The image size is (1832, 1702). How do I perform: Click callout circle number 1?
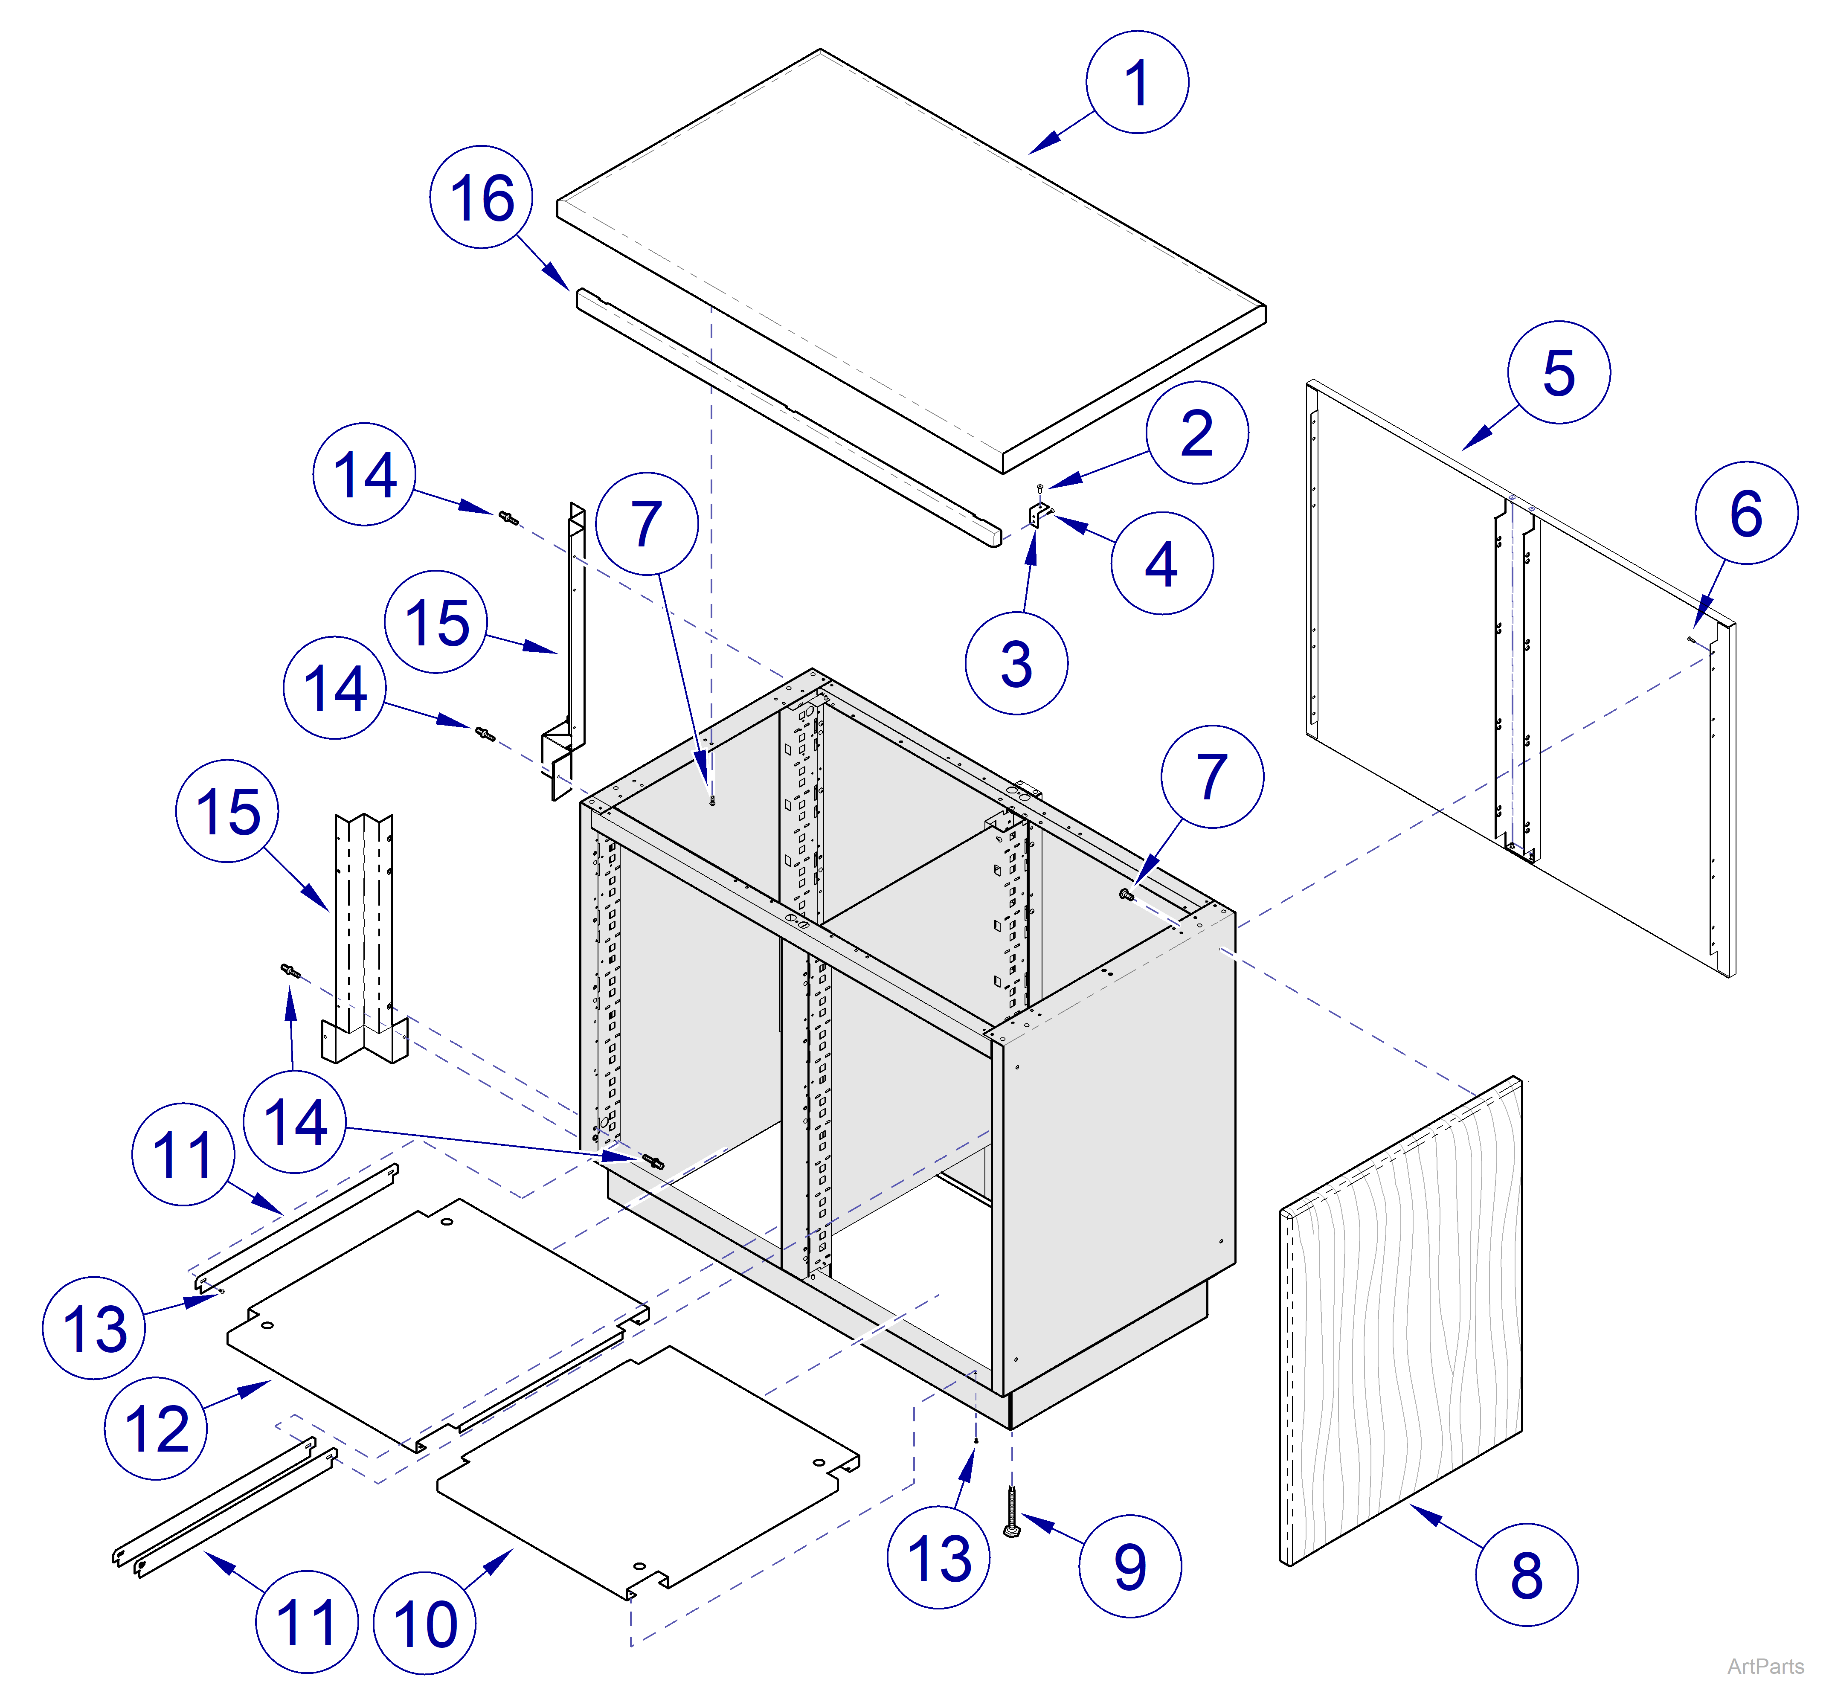pyautogui.click(x=1137, y=82)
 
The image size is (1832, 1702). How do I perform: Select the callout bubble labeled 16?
pyautogui.click(x=481, y=197)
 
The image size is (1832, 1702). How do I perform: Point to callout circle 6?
pyautogui.click(x=1745, y=513)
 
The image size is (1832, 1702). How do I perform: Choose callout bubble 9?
pyautogui.click(x=1129, y=1565)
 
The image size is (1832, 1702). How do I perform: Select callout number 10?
pyautogui.click(x=424, y=1623)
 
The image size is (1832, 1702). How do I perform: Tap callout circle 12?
pyautogui.click(x=156, y=1429)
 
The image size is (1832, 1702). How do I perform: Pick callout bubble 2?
pyautogui.click(x=1196, y=432)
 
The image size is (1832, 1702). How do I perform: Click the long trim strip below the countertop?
pyautogui.click(x=783, y=419)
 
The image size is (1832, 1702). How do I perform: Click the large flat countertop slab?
pyautogui.click(x=912, y=249)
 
